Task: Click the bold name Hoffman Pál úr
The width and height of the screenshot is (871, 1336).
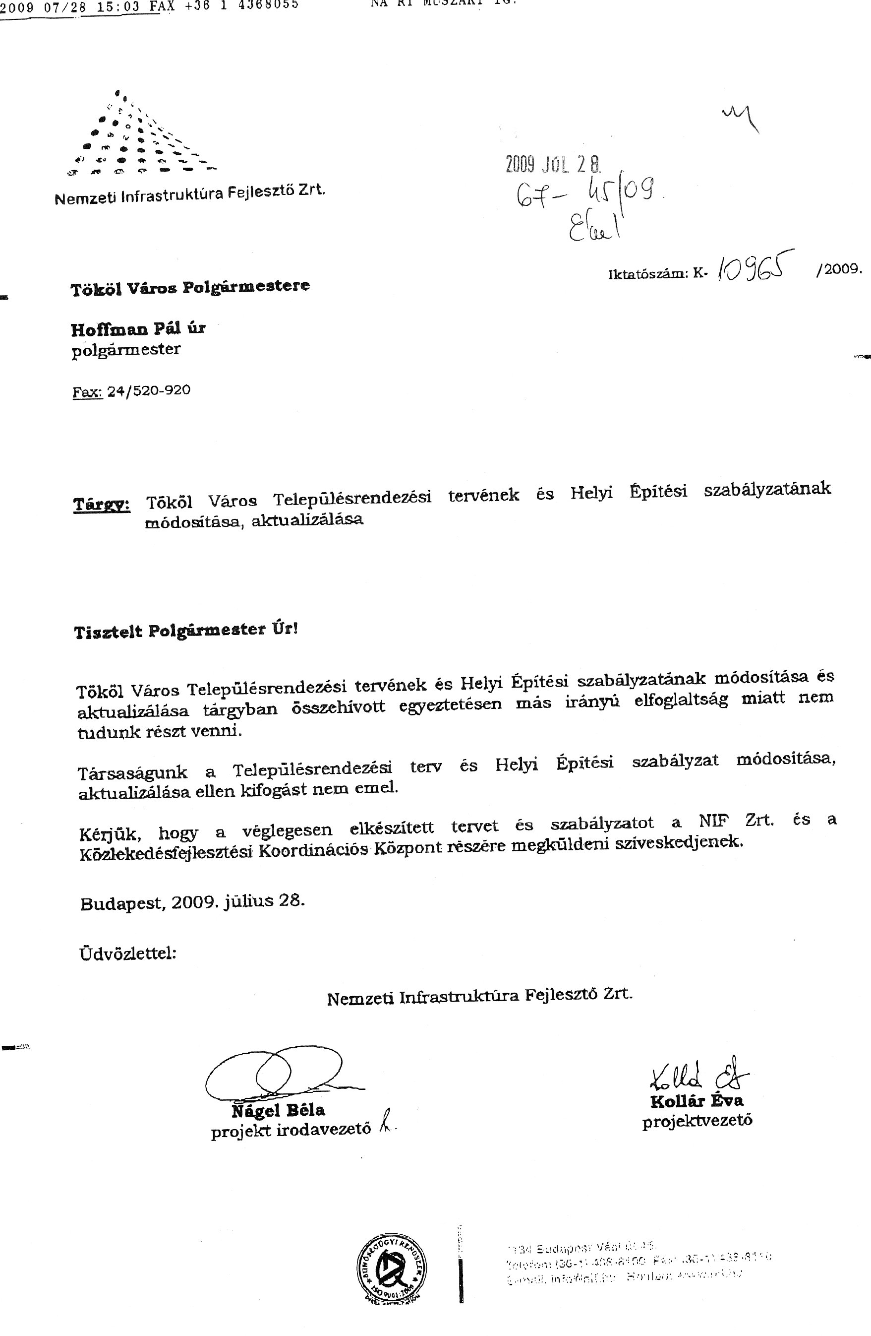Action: (x=138, y=328)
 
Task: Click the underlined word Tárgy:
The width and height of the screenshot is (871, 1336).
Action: (x=102, y=504)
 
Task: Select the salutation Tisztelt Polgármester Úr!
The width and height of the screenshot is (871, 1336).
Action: (x=185, y=631)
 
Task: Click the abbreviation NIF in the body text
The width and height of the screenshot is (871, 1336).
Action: (x=714, y=822)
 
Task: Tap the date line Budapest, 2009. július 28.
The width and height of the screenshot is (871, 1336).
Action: (x=192, y=902)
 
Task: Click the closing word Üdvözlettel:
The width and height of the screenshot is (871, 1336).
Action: (x=128, y=954)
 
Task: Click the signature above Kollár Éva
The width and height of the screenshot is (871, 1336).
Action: (x=698, y=1073)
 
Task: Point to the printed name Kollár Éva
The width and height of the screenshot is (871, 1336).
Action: (x=697, y=1101)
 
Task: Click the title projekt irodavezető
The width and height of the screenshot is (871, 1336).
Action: (x=290, y=1130)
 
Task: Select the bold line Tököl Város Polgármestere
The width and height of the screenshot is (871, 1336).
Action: (x=190, y=287)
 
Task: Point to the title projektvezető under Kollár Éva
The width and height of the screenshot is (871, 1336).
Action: (x=697, y=1121)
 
